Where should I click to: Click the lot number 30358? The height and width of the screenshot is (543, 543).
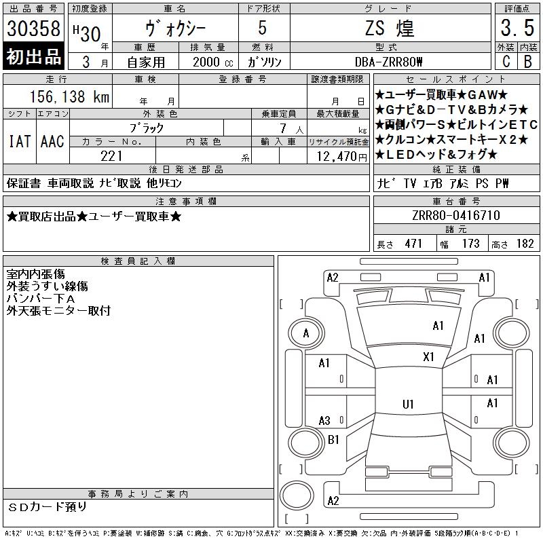[33, 29]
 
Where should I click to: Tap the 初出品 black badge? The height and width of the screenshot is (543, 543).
[33, 56]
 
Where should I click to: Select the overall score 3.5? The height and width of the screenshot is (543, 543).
[517, 28]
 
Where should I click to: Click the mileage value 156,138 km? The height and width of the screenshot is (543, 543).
[69, 96]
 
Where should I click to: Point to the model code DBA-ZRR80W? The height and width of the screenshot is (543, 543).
[388, 62]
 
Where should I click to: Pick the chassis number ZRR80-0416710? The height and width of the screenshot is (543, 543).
[456, 215]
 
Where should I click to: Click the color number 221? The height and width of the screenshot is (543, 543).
[111, 156]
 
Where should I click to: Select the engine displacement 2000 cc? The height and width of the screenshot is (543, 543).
[212, 62]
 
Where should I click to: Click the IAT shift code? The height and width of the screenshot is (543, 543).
[20, 142]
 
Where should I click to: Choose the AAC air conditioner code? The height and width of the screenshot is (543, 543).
[52, 142]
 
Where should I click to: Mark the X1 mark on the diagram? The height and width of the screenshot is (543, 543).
[428, 357]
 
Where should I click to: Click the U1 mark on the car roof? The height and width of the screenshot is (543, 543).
[408, 404]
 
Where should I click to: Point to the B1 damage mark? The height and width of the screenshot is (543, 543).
[333, 440]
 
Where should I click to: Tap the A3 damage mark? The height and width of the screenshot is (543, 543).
[324, 421]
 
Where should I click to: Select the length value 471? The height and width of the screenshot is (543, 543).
[413, 244]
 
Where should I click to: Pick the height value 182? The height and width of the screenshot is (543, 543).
[525, 244]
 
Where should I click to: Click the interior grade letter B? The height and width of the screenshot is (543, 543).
[528, 62]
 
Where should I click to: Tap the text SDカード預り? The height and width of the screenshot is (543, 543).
[47, 507]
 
